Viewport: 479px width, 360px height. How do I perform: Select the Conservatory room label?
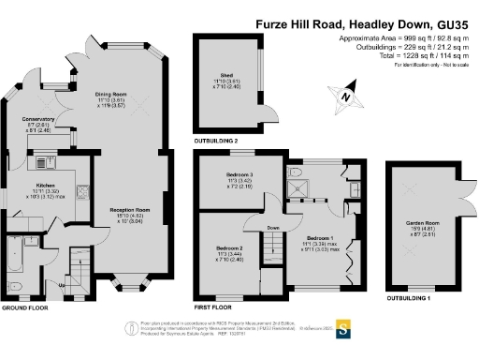(37, 120)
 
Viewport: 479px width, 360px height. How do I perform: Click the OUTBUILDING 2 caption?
(218, 140)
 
